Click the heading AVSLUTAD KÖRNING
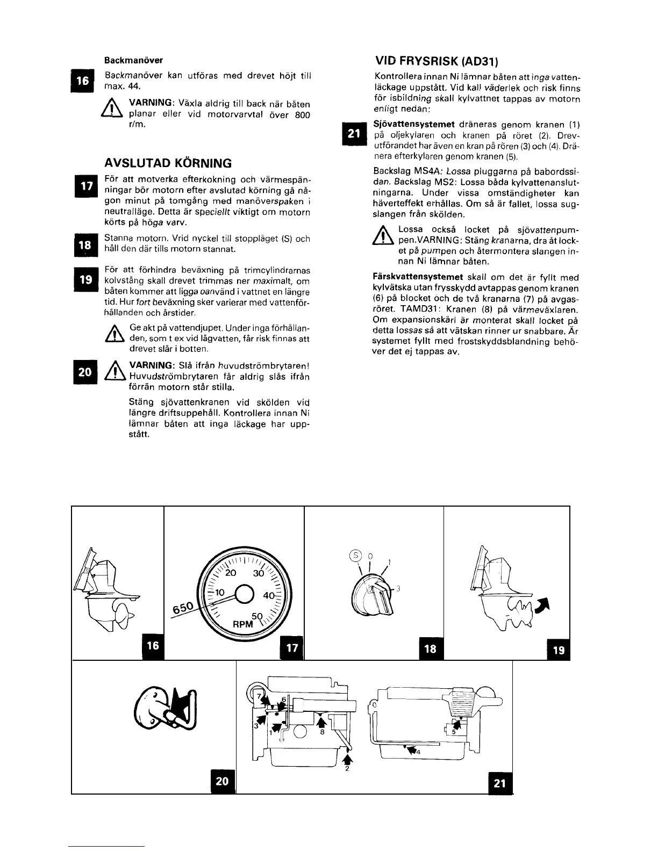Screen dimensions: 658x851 click(168, 163)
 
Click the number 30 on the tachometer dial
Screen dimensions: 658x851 click(259, 573)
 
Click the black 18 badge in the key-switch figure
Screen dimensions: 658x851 click(430, 648)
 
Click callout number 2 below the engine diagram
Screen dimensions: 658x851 click(347, 768)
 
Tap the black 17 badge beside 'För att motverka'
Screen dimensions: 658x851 click(83, 185)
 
